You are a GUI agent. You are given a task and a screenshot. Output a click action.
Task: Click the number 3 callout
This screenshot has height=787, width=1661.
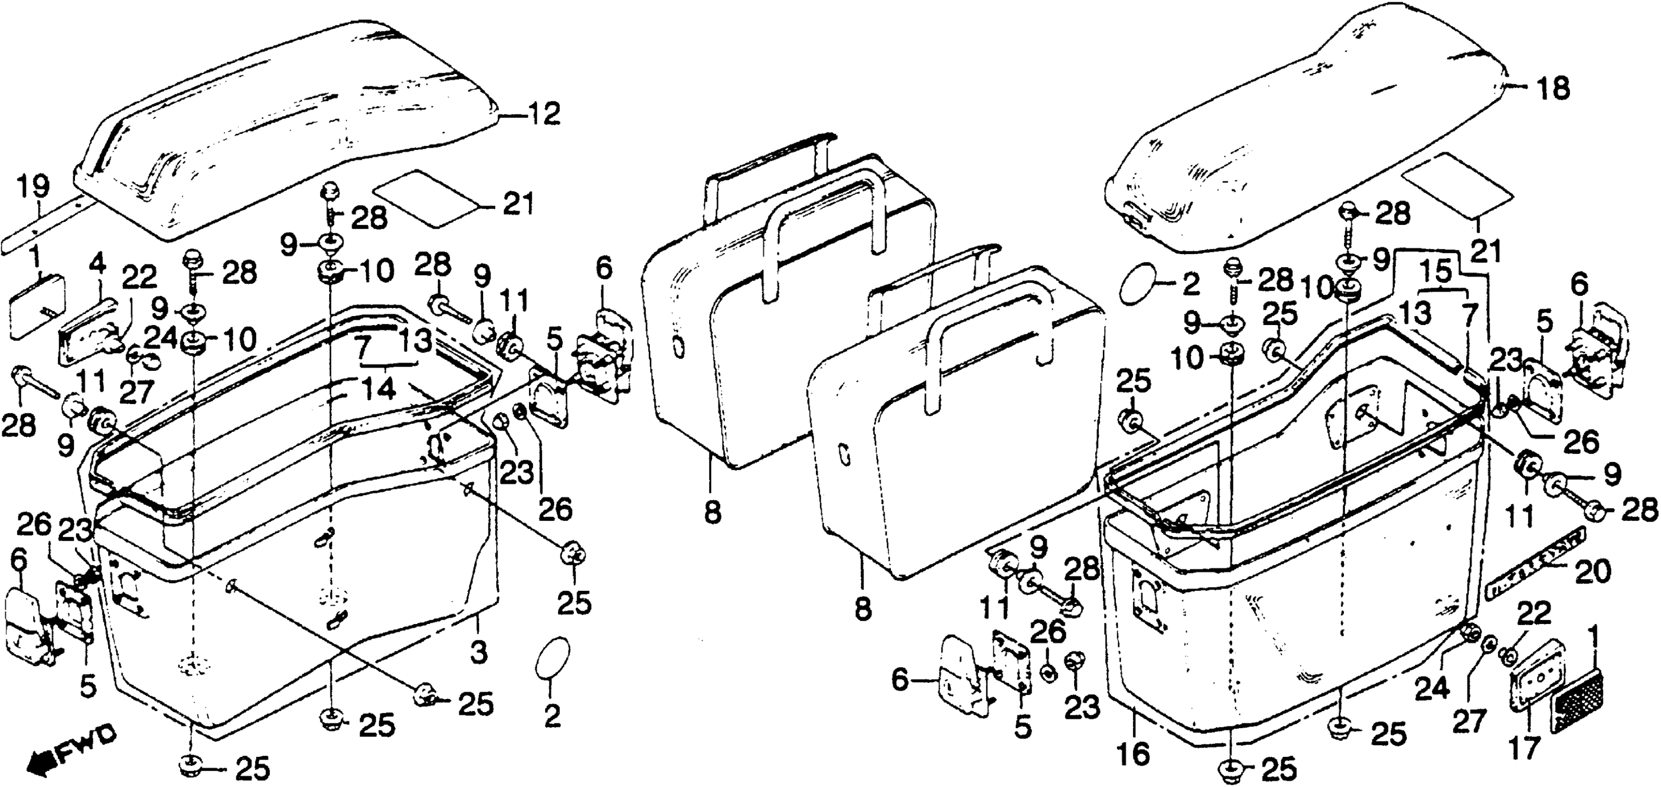point(478,652)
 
